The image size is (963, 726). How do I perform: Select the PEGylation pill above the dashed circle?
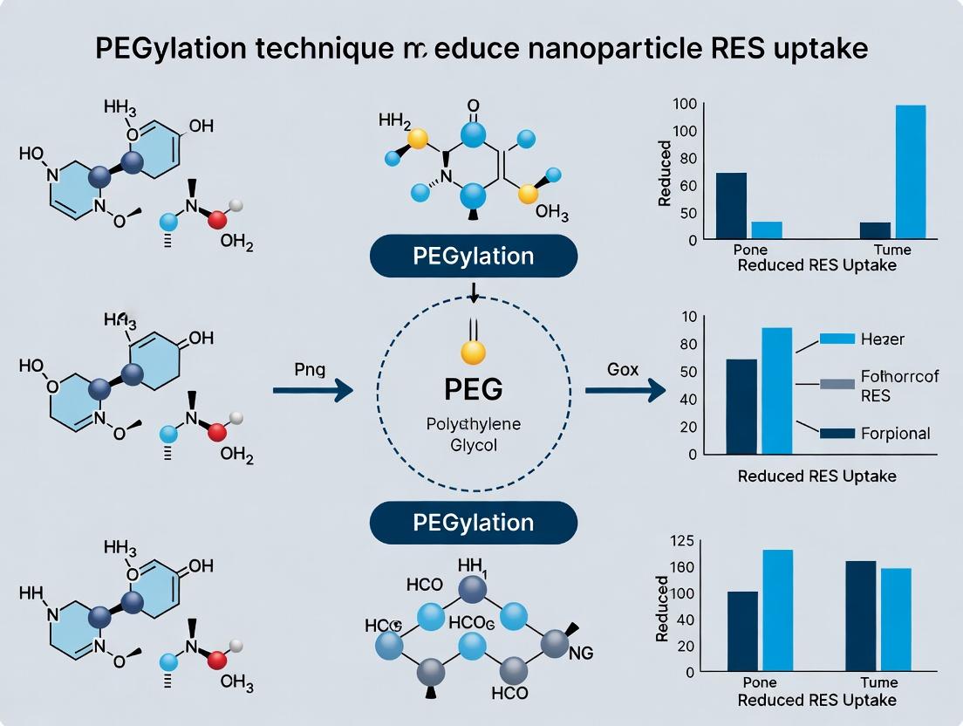474,257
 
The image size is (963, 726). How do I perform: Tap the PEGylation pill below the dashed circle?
474,523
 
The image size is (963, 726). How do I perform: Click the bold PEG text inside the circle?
472,389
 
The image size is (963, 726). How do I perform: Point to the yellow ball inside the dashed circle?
473,352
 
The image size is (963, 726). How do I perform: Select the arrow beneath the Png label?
313,391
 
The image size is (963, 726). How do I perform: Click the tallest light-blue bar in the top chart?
910,171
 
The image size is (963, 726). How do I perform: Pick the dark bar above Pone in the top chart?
731,205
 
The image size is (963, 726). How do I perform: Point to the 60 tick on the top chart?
688,185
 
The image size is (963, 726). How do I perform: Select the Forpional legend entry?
894,433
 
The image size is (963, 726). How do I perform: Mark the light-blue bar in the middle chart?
776,390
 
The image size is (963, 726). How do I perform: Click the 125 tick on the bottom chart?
683,542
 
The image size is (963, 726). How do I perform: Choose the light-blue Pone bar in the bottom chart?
777,611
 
